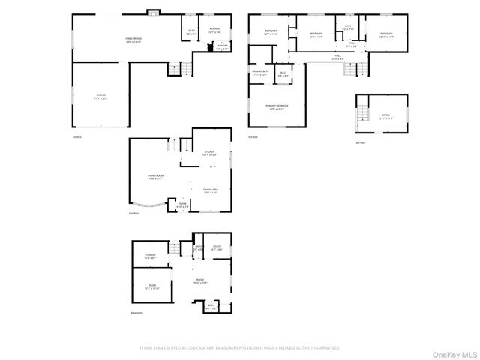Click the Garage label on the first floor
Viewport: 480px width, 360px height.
point(100,96)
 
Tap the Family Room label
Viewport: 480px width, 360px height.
point(133,39)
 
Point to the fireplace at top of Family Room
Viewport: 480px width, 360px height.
point(154,12)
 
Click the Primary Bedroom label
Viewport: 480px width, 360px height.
point(277,106)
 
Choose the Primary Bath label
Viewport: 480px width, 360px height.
point(260,73)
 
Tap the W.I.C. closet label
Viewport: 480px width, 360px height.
point(283,73)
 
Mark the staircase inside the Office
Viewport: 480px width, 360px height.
point(364,113)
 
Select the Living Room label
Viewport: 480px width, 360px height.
point(156,177)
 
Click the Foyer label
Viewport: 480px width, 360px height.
point(182,203)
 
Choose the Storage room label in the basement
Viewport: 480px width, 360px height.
point(150,256)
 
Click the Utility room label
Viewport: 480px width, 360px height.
point(217,248)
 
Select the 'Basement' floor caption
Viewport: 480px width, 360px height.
point(136,313)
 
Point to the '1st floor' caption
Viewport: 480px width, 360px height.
point(76,137)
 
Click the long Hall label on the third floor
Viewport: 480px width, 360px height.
point(339,56)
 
